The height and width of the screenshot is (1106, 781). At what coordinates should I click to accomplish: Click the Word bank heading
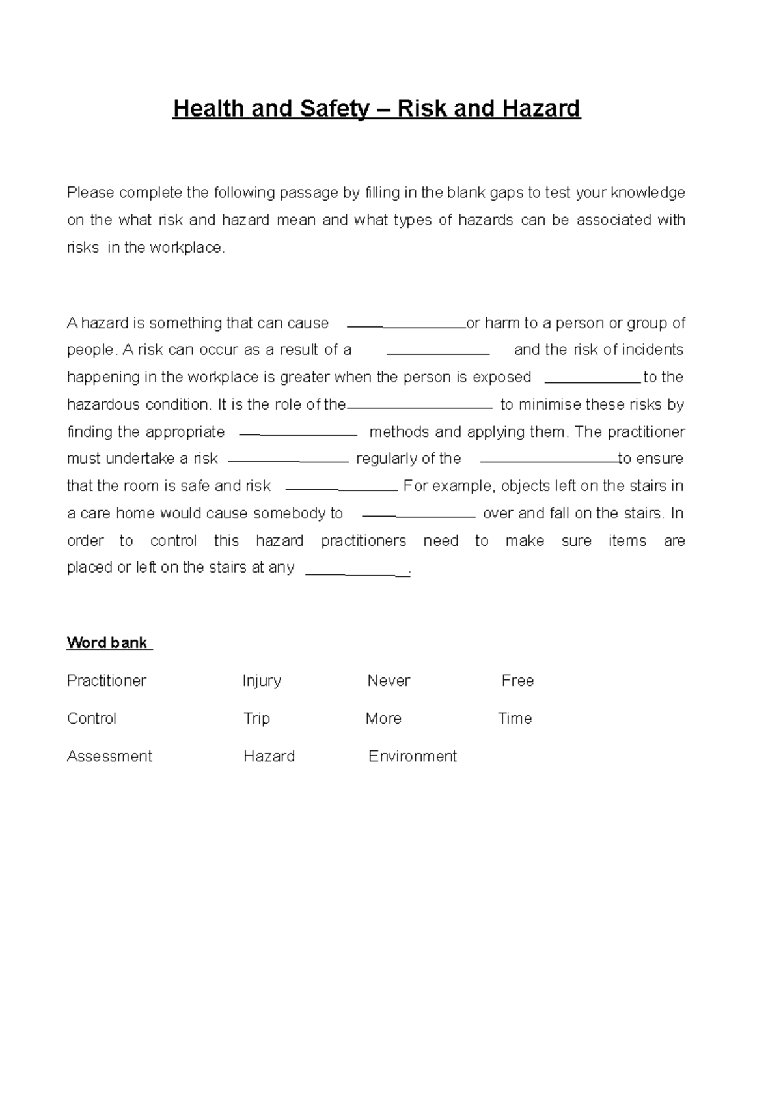coord(108,643)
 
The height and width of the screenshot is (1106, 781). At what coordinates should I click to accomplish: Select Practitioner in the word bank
coord(107,681)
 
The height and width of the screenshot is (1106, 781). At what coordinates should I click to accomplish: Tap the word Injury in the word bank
coord(262,681)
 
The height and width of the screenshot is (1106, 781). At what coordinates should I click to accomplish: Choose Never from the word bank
coord(389,681)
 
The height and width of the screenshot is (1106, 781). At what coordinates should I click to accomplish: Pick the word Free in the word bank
coord(517,681)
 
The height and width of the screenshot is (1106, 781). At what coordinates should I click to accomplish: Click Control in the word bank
coord(92,718)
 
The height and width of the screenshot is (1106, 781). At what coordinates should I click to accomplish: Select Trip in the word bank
coord(256,718)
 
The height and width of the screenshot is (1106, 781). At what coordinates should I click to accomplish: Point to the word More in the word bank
coord(383,718)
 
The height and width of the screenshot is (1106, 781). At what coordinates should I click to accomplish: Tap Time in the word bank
coord(515,718)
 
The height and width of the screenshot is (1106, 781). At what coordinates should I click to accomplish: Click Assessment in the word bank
coord(109,756)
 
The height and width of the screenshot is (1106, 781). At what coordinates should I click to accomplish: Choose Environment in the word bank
coord(413,756)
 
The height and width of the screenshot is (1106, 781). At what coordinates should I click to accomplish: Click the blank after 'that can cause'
coord(407,324)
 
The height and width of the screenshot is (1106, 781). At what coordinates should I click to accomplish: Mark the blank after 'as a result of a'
coord(438,351)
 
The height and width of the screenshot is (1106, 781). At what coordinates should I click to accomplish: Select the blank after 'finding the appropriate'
coord(299,432)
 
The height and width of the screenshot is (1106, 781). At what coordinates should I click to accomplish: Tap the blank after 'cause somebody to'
coord(418,514)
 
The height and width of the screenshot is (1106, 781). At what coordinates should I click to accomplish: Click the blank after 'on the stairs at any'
coord(357,570)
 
